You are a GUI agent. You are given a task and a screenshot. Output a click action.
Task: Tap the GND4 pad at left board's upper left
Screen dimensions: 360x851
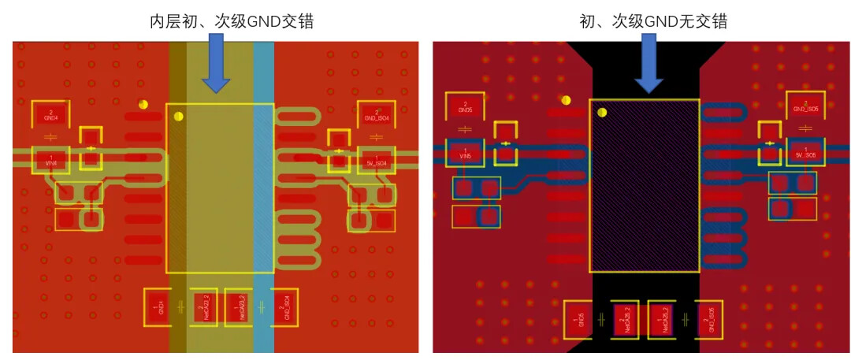tap(51, 115)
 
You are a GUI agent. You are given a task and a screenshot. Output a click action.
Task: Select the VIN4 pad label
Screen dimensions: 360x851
tap(51, 160)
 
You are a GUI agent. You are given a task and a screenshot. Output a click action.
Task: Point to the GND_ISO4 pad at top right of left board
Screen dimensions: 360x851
tap(376, 115)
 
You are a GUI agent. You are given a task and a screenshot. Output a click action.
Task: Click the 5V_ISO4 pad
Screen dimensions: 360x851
tap(376, 160)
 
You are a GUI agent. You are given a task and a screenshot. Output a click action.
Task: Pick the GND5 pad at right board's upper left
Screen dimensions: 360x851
tap(465, 107)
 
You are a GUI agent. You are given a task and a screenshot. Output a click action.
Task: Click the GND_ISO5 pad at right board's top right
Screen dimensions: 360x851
tap(805, 106)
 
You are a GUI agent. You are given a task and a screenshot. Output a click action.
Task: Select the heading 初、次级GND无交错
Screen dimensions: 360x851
tap(648, 21)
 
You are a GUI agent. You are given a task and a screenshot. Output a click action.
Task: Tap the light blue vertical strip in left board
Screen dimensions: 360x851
tap(263, 197)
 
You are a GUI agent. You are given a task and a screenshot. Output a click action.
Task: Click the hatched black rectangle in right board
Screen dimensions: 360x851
tap(645, 186)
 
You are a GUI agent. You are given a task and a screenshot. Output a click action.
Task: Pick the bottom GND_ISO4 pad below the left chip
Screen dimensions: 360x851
tap(286, 306)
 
